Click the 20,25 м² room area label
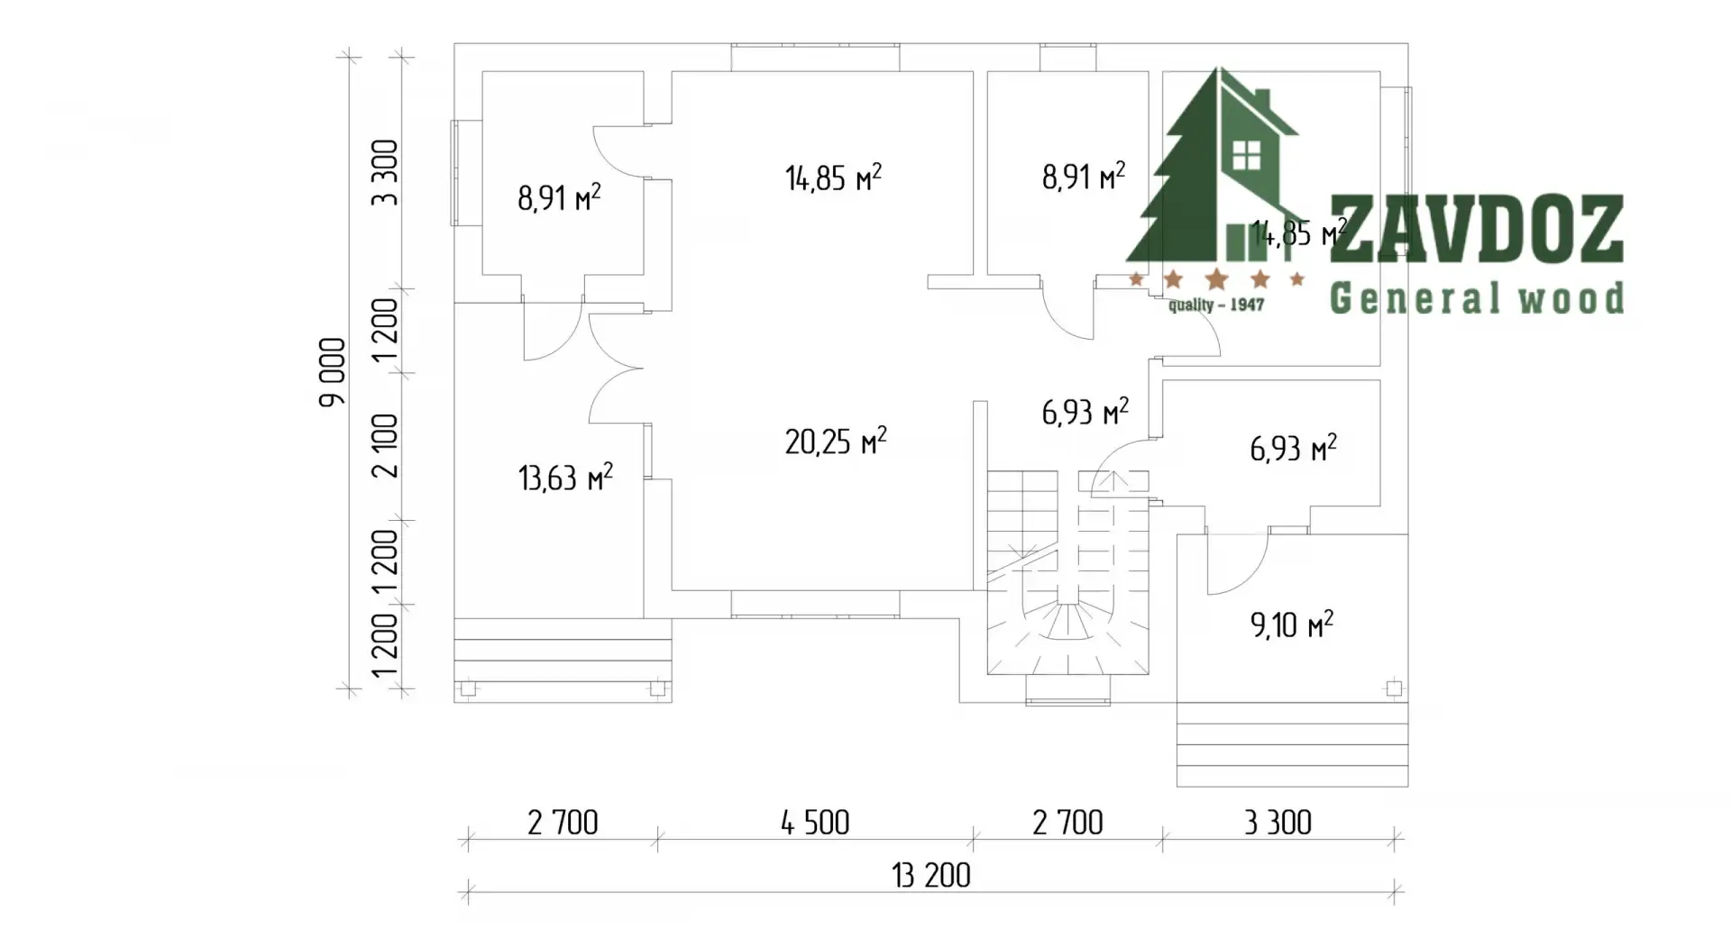836,441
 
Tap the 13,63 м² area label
565,477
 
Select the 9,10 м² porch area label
1292,624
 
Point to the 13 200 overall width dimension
931,875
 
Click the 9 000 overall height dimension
332,371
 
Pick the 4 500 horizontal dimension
815,822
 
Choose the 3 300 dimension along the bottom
1278,822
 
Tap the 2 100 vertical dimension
385,445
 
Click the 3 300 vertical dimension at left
385,172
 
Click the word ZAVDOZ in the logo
1477,229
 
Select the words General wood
1477,297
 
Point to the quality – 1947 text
1216,305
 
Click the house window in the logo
1247,156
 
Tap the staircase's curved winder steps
1069,631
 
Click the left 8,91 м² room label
559,197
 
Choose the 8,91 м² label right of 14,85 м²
1084,176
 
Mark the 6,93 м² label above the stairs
1085,412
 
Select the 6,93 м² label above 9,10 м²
1293,448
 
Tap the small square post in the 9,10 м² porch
1394,689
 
